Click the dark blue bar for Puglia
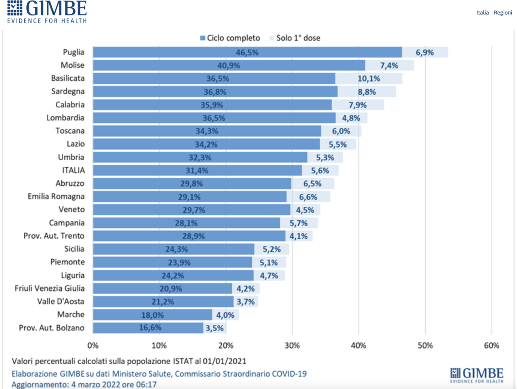[x=247, y=52]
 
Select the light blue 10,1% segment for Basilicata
[x=369, y=78]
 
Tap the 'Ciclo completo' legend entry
[x=230, y=38]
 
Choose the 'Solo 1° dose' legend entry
[x=295, y=38]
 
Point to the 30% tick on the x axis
[x=292, y=346]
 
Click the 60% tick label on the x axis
[x=492, y=346]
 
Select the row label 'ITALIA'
[x=73, y=170]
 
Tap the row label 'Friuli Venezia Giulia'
[x=49, y=288]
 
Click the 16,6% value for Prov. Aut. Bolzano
[x=150, y=328]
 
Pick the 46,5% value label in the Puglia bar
[x=247, y=52]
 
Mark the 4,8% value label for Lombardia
[x=351, y=118]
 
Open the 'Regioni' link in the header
[x=503, y=13]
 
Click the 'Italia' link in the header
[x=483, y=13]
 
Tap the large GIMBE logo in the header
[x=47, y=12]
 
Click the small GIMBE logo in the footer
[x=477, y=375]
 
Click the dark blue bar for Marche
[x=152, y=315]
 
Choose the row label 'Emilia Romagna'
[x=56, y=197]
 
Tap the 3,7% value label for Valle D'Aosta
[x=246, y=302]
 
